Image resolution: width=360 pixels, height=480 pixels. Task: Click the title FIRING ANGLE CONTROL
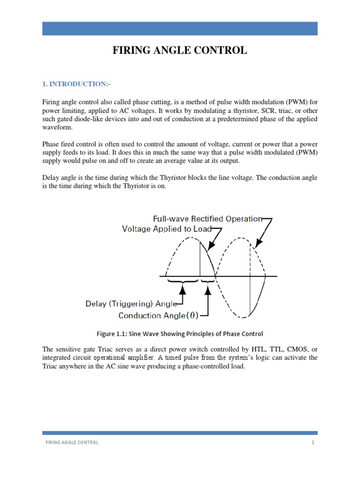pyautogui.click(x=180, y=51)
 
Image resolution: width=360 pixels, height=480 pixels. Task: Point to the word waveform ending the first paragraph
pyautogui.click(x=58, y=128)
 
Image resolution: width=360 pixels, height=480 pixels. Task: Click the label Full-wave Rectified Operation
pyautogui.click(x=207, y=219)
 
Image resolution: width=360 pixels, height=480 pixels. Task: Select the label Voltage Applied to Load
pyautogui.click(x=167, y=229)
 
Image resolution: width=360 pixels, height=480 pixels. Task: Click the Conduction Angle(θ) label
pyautogui.click(x=158, y=315)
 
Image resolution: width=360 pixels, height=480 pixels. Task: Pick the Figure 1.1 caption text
pyautogui.click(x=180, y=334)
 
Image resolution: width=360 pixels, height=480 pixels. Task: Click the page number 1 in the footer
pyautogui.click(x=312, y=442)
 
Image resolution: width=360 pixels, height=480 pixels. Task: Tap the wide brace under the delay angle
pyautogui.click(x=183, y=282)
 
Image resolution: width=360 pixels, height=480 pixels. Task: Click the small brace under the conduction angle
pyautogui.click(x=207, y=282)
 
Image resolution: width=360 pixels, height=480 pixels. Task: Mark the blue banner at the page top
pyautogui.click(x=180, y=28)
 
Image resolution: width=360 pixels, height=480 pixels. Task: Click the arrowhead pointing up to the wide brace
pyautogui.click(x=183, y=290)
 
